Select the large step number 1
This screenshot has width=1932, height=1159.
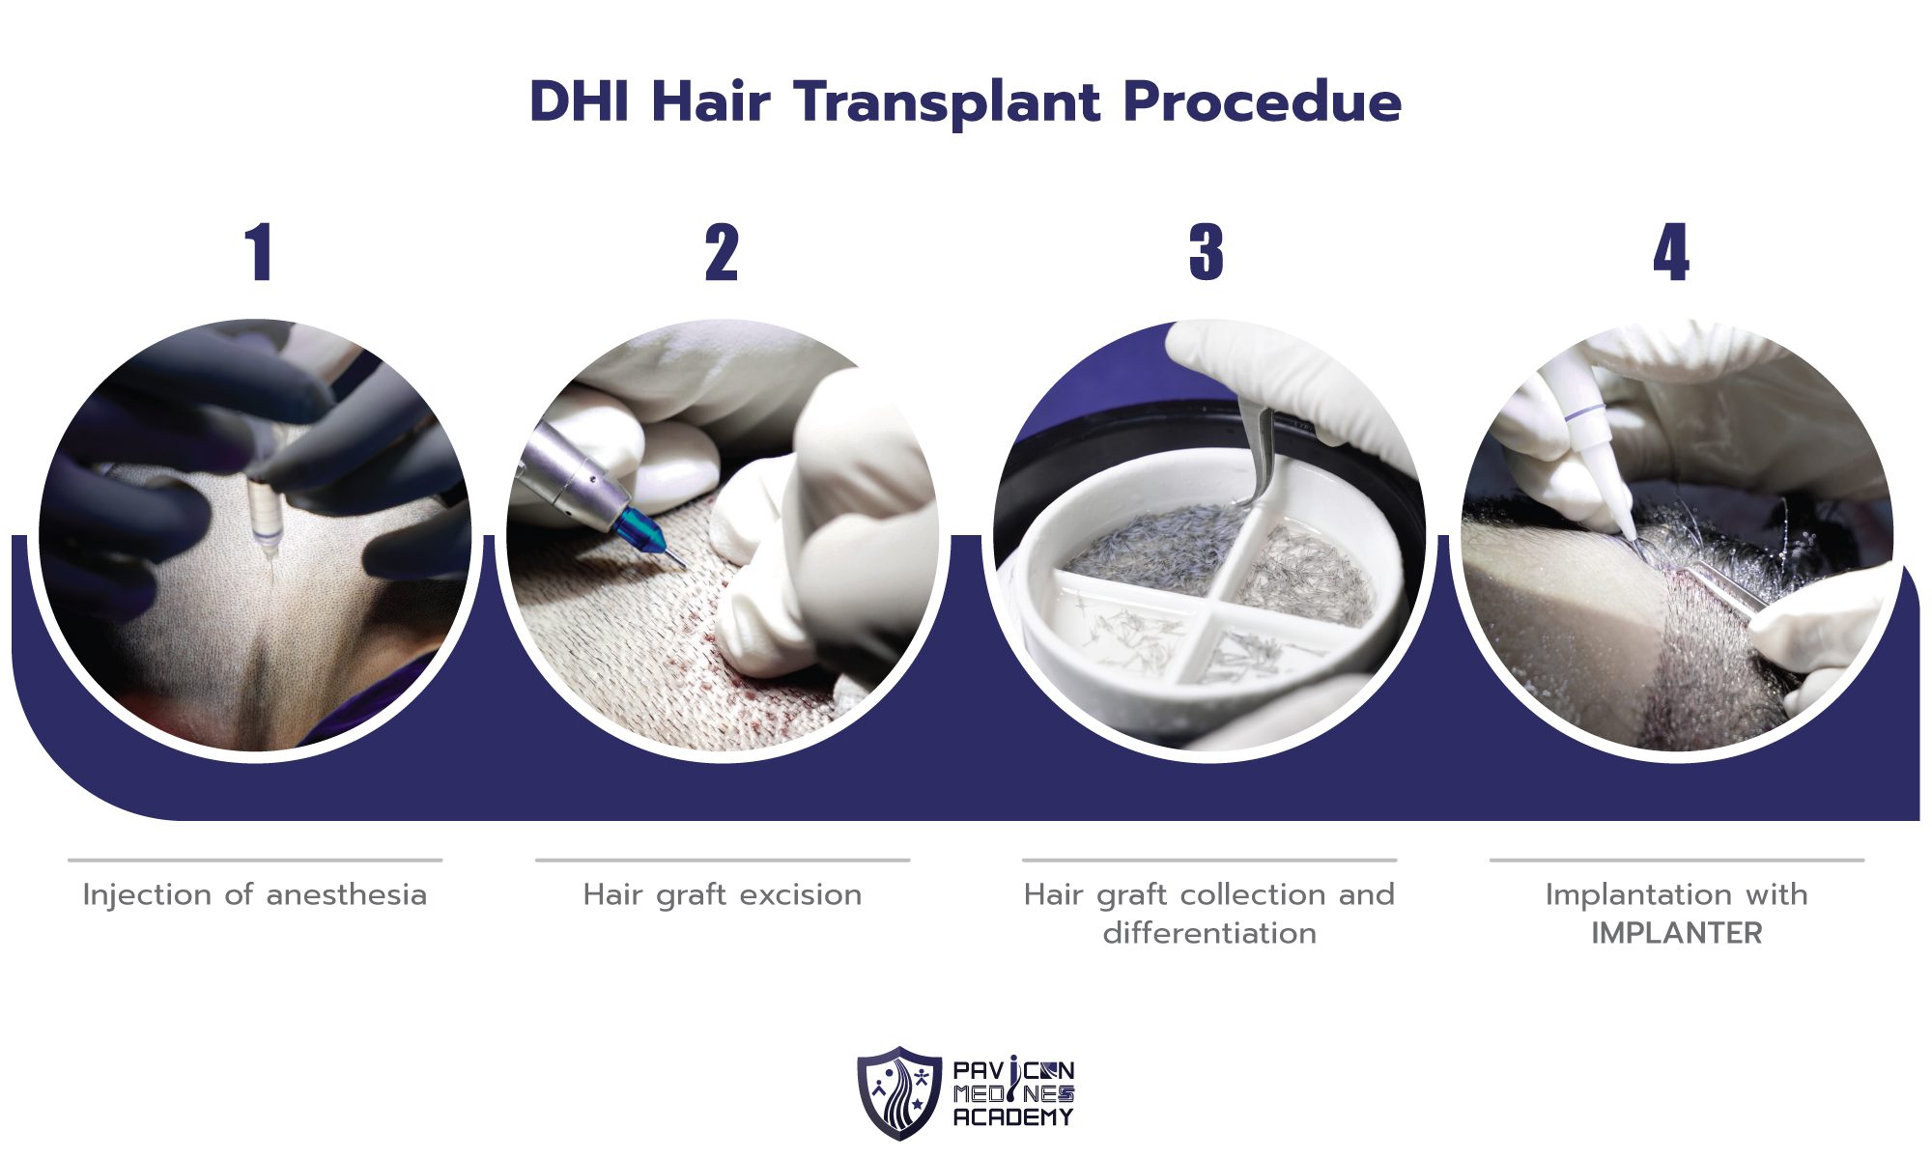tap(258, 253)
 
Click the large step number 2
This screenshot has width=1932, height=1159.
tap(722, 253)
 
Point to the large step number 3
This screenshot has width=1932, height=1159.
tap(1207, 253)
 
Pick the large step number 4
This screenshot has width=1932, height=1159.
tap(1671, 253)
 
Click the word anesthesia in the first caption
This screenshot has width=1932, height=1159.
tap(346, 895)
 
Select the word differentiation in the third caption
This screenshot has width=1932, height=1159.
tap(1208, 934)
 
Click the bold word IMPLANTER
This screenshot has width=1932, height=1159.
tap(1676, 934)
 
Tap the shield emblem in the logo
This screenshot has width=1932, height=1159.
tap(898, 1092)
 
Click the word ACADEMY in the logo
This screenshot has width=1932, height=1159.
tap(1012, 1117)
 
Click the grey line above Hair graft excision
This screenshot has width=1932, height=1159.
tap(722, 860)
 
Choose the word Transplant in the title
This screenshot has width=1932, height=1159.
tap(948, 102)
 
